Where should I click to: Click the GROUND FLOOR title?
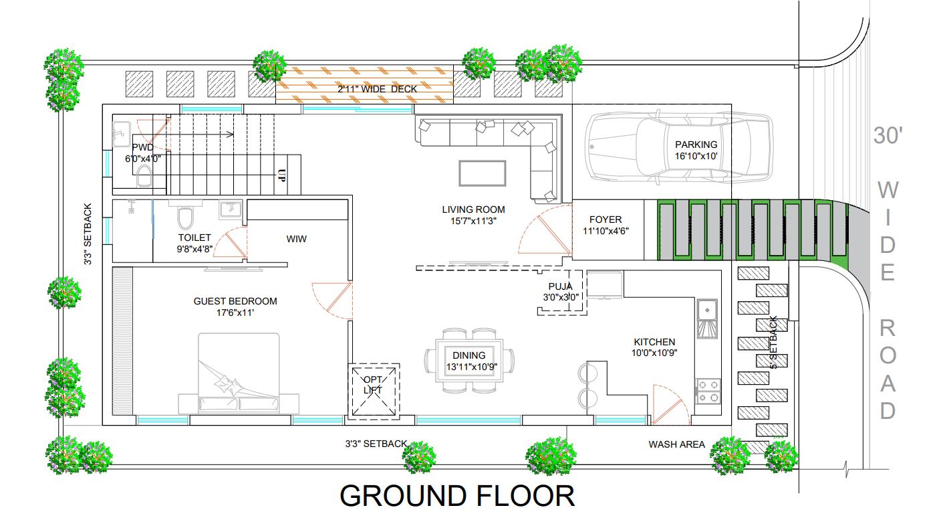[457, 496]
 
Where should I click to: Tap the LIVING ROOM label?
[473, 209]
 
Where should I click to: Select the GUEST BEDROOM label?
[235, 301]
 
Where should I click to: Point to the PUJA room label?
[561, 286]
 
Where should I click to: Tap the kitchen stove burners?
[708, 391]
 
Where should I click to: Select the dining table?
[469, 361]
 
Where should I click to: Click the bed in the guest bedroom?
[239, 373]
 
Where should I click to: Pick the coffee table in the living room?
[483, 173]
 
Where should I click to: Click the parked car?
[679, 147]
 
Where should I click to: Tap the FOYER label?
[606, 220]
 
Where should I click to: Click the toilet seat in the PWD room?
[144, 176]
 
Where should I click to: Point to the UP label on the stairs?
[282, 175]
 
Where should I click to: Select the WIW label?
[297, 239]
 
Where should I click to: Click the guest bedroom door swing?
[332, 300]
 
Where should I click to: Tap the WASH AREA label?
[676, 444]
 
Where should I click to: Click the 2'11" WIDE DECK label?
[377, 89]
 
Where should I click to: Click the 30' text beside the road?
[888, 135]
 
